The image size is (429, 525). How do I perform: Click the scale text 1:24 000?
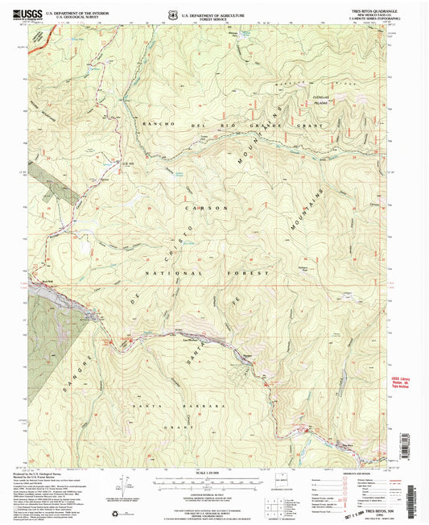[x=214, y=470]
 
